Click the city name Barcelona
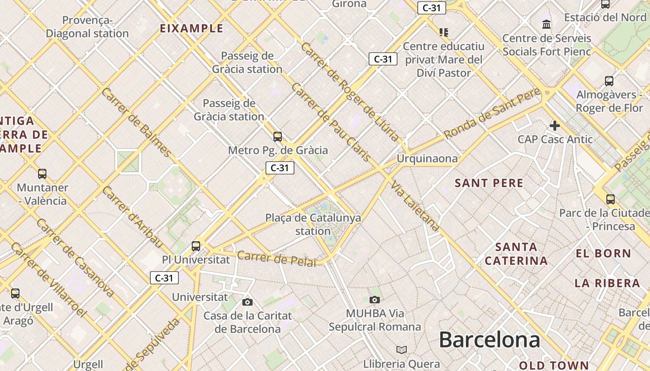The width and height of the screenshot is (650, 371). tap(489, 340)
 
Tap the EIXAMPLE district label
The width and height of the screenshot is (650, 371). tap(191, 28)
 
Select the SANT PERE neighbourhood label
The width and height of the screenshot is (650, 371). tap(489, 183)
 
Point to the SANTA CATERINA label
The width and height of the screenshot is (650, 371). tap(516, 254)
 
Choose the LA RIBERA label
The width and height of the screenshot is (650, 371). tap(607, 283)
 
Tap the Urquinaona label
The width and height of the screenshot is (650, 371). tap(427, 159)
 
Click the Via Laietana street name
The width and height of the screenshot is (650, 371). tap(415, 206)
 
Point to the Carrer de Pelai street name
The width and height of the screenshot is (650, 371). tap(277, 258)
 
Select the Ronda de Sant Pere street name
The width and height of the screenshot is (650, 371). tap(492, 113)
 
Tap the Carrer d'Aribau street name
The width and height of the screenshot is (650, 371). tap(132, 217)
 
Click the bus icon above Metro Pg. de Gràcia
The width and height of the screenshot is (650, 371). tap(278, 136)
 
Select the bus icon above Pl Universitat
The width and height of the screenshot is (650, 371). tap(196, 246)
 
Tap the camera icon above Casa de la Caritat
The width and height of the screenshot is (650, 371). tap(247, 302)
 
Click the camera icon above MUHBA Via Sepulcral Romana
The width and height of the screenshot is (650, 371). tap(375, 300)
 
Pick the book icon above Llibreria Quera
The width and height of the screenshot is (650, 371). tap(402, 350)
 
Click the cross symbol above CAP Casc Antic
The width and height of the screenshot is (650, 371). tap(554, 126)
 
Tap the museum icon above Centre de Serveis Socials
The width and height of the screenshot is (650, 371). tap(546, 24)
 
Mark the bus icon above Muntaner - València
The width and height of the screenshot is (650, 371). tap(42, 174)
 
